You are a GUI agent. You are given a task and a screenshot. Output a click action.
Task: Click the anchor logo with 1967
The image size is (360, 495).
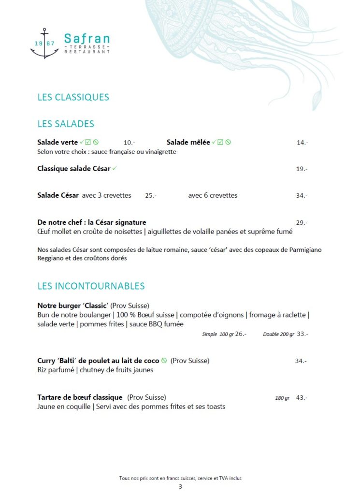(x=44, y=44)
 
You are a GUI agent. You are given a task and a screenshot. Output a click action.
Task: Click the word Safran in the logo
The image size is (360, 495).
(x=87, y=38)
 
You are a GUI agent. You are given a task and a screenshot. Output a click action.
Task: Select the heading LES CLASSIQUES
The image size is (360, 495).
(x=73, y=97)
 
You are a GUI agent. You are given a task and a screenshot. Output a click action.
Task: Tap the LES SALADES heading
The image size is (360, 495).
(x=66, y=124)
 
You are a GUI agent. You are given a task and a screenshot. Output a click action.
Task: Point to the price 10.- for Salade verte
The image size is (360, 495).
(x=129, y=143)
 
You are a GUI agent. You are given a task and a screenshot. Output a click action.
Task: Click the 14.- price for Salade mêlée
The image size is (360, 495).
(x=302, y=143)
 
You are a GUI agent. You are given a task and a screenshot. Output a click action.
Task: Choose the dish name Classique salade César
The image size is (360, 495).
(x=74, y=169)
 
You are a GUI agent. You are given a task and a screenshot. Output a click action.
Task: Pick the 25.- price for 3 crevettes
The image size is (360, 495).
(x=151, y=196)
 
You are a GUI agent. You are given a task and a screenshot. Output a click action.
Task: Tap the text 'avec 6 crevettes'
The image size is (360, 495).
(x=213, y=196)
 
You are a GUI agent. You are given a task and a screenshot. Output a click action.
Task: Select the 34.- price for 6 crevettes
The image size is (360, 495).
(x=302, y=196)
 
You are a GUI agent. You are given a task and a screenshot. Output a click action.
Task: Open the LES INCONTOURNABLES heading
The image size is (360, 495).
(x=91, y=286)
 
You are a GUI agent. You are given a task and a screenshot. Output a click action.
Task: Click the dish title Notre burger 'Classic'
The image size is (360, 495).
(x=73, y=306)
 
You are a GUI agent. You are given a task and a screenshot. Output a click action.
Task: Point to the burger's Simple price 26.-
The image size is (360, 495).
(x=241, y=334)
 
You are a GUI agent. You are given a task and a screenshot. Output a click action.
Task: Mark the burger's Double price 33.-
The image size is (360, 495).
(x=302, y=334)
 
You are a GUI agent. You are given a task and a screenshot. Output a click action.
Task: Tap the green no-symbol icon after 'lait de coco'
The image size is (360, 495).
(x=164, y=361)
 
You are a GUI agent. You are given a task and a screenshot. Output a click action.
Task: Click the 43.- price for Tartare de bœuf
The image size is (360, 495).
(x=302, y=398)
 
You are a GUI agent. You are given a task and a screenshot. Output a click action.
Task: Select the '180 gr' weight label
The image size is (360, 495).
(x=282, y=398)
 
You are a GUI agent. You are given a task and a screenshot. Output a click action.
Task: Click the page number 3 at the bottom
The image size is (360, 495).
(x=180, y=487)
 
